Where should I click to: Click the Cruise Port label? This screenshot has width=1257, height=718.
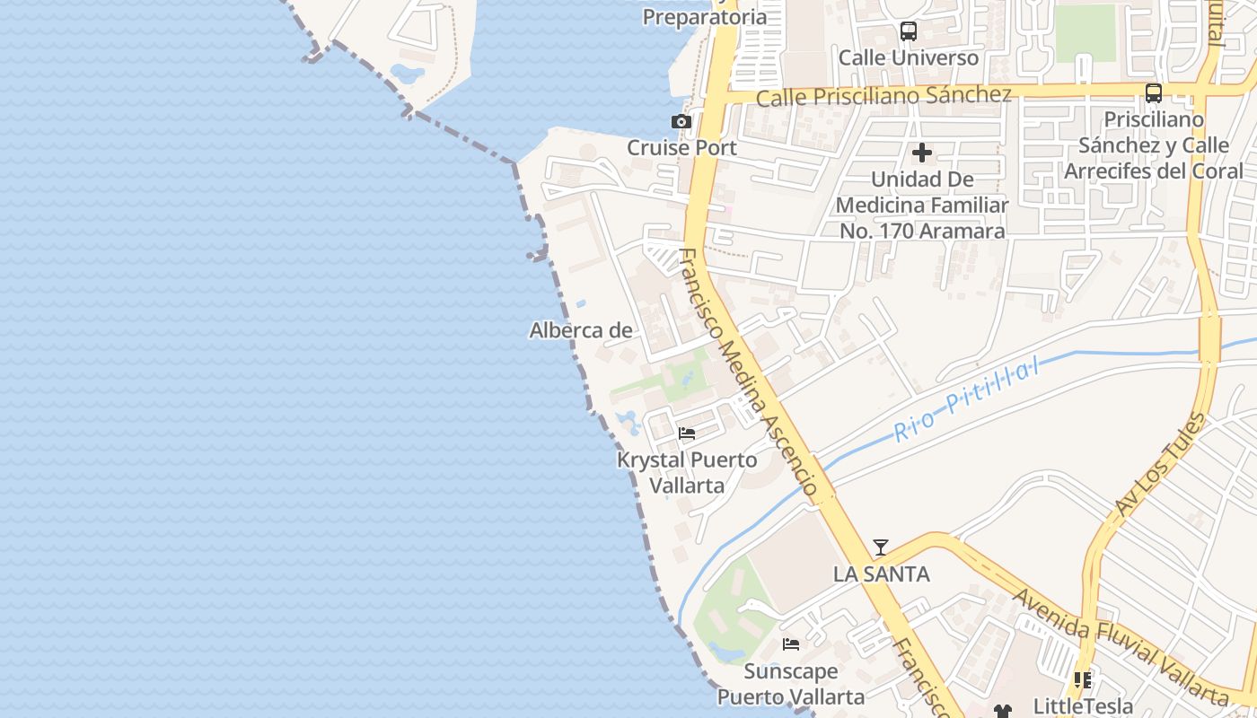coord(681,147)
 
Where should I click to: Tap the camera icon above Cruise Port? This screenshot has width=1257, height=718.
coord(681,121)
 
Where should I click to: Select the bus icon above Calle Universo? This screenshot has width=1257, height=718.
coord(908,31)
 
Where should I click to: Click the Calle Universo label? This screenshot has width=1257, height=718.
coord(908,57)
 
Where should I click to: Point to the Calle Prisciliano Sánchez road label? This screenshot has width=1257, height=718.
coord(883,96)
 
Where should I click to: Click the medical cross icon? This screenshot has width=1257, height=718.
coord(921,153)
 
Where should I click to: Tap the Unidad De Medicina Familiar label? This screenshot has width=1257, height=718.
coord(922,205)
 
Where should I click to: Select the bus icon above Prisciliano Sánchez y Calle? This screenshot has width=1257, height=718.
coord(1154,92)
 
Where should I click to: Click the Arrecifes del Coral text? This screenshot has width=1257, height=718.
coord(1154,171)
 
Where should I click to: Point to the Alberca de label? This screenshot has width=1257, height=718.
coord(581,330)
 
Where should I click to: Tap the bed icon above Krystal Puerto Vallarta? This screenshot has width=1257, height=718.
coord(687,433)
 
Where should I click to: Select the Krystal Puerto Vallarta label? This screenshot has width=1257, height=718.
coord(687,472)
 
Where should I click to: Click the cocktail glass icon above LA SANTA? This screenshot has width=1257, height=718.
coord(881,547)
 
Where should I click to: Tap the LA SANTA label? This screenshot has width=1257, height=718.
coord(881,574)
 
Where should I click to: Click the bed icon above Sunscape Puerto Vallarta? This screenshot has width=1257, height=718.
coord(791,644)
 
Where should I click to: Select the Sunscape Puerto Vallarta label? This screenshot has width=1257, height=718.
coord(791,684)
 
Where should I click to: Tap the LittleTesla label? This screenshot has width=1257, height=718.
coord(1083,705)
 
